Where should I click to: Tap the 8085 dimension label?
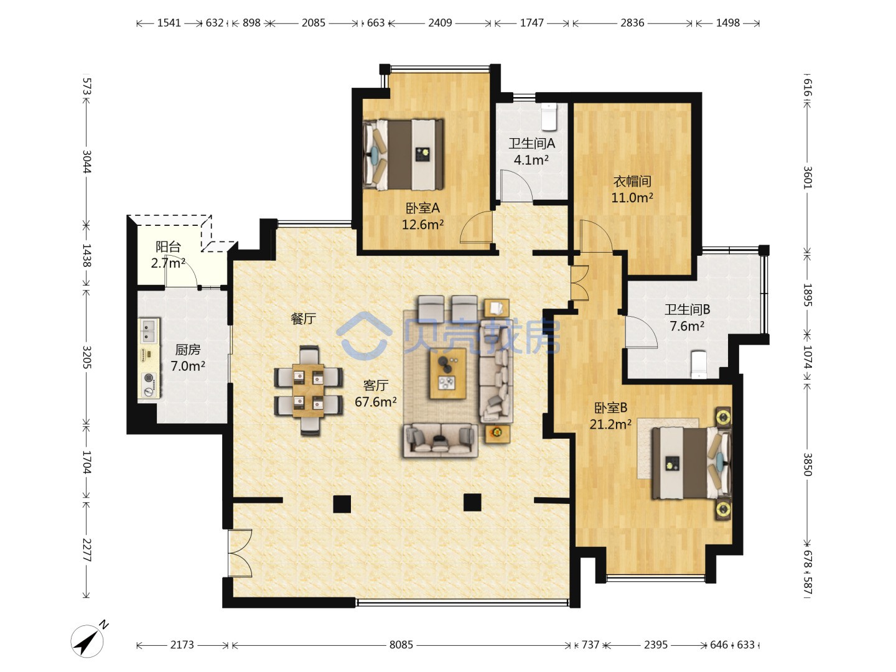pyautogui.click(x=401, y=645)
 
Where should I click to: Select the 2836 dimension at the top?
pyautogui.click(x=632, y=23)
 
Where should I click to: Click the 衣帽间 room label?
pyautogui.click(x=632, y=181)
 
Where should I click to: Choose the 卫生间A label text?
pyautogui.click(x=531, y=144)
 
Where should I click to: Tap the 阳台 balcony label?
pyautogui.click(x=168, y=246)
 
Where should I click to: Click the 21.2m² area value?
pyautogui.click(x=610, y=424)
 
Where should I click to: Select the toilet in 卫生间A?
pyautogui.click(x=549, y=116)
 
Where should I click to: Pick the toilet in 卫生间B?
pyautogui.click(x=699, y=365)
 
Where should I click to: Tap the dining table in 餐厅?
pyautogui.click(x=309, y=390)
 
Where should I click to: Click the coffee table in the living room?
pyautogui.click(x=448, y=374)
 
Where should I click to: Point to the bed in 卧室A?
pyautogui.click(x=403, y=155)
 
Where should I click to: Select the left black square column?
pyautogui.click(x=342, y=503)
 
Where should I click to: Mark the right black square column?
pyautogui.click(x=472, y=502)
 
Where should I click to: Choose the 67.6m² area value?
pyautogui.click(x=376, y=402)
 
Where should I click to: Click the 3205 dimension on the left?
pyautogui.click(x=86, y=357)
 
